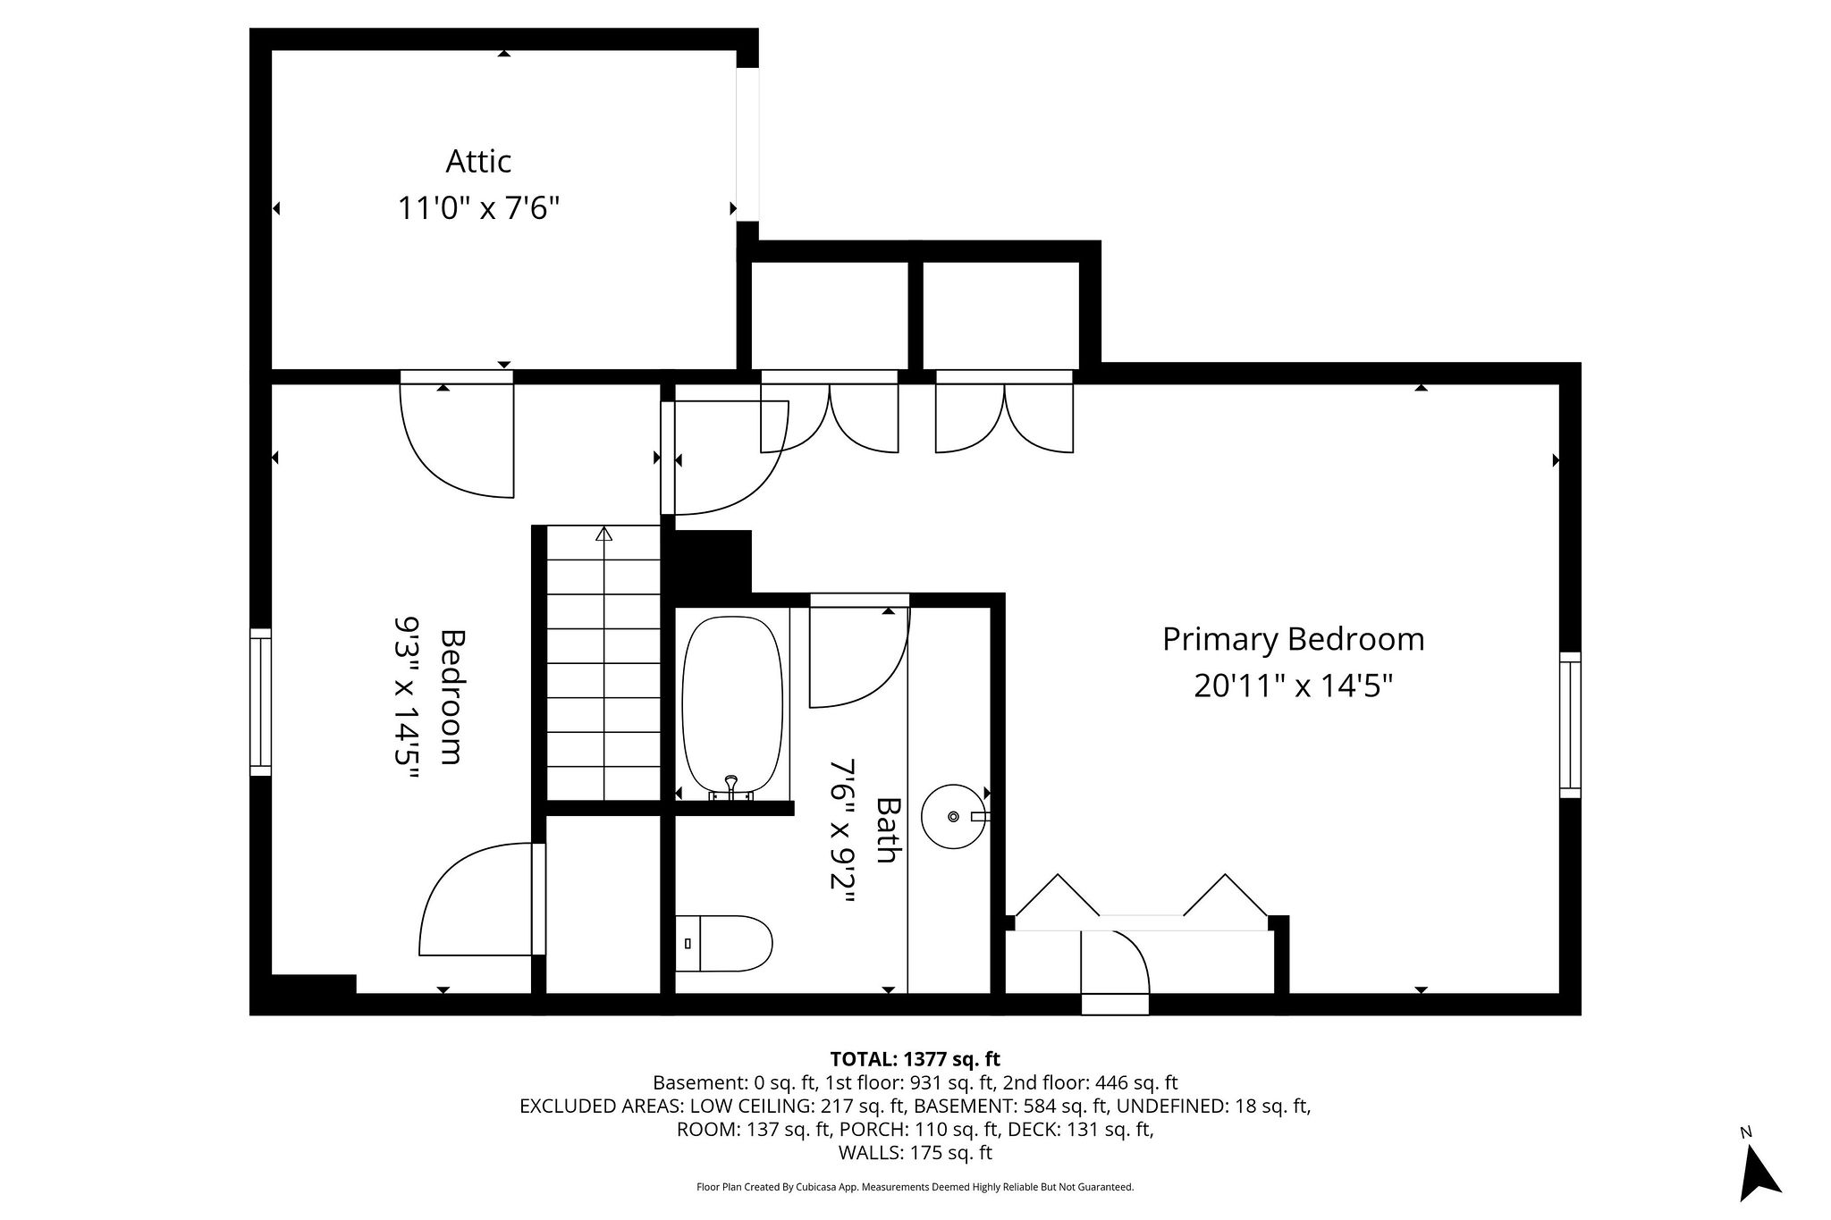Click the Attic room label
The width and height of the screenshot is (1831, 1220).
point(478,162)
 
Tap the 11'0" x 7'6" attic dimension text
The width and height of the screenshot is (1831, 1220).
point(478,209)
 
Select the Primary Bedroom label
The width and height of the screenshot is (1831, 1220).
point(1293,639)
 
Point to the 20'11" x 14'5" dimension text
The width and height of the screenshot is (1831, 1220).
point(1293,686)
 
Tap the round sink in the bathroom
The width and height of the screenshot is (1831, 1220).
point(954,816)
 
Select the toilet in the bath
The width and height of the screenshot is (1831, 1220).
point(723,943)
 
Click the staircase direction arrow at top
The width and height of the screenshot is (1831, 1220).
point(603,534)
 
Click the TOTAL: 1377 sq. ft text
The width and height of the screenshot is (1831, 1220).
point(915,1059)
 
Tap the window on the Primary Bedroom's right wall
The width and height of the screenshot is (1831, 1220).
point(1570,725)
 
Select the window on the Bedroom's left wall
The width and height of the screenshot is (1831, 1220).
point(260,702)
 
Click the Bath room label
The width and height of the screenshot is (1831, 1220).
point(885,829)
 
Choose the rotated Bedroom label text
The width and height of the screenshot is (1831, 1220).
point(453,697)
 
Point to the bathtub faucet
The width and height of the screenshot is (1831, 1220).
point(731,787)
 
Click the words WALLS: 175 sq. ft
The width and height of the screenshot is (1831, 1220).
point(915,1152)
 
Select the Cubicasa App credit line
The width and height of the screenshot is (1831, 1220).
point(915,1187)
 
